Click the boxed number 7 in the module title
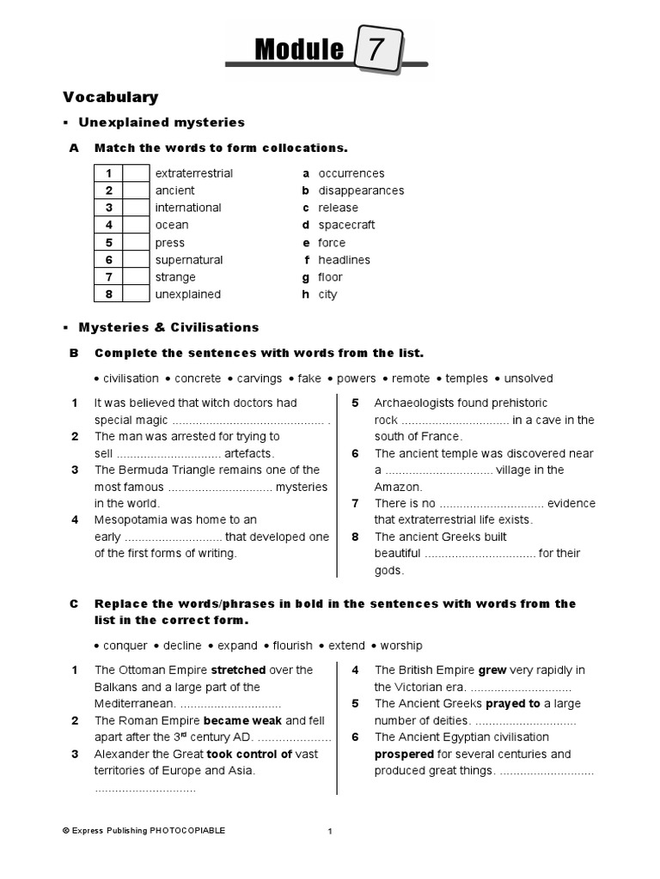[376, 52]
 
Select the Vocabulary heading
[110, 98]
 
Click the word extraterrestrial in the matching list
[193, 173]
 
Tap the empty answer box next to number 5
[136, 243]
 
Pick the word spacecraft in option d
[346, 225]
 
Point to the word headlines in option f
[344, 260]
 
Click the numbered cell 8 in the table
[109, 294]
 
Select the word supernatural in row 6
[188, 260]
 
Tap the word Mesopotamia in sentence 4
[132, 520]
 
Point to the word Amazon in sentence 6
[394, 487]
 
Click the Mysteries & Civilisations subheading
[168, 328]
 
